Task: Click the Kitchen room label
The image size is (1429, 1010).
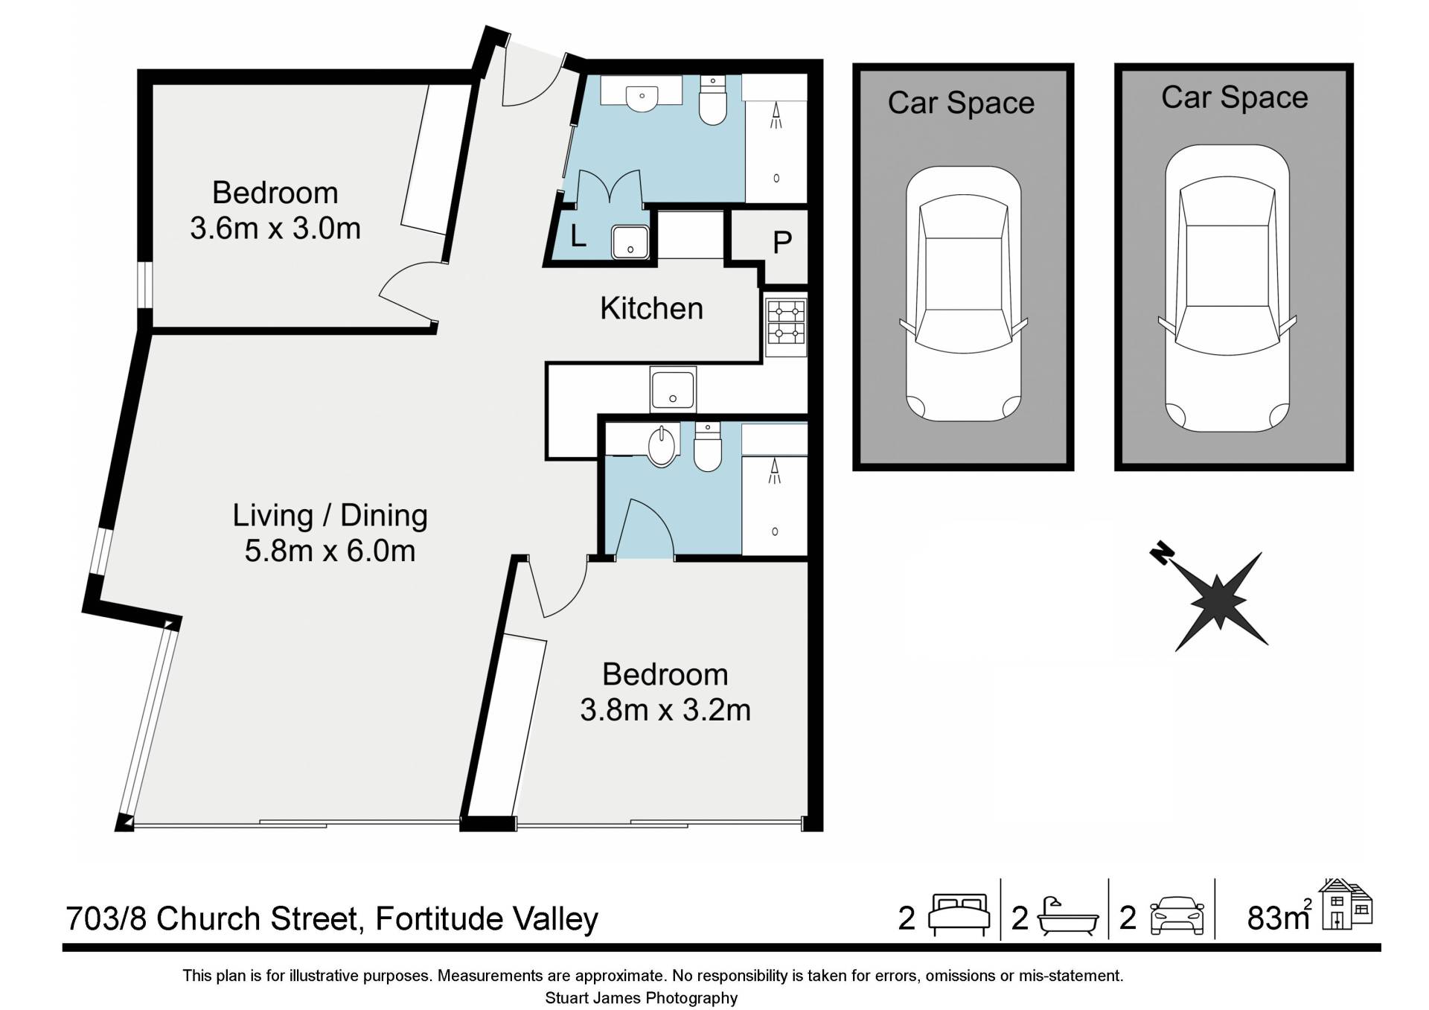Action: pyautogui.click(x=651, y=308)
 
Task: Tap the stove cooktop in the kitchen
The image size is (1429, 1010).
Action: pyautogui.click(x=786, y=327)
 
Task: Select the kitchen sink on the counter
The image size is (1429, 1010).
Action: pyautogui.click(x=673, y=389)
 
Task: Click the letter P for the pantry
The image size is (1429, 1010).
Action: pyautogui.click(x=781, y=243)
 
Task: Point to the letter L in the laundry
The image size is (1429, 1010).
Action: pyautogui.click(x=578, y=236)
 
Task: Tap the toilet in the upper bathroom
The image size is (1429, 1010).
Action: pyautogui.click(x=713, y=102)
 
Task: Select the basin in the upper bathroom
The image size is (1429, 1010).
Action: pyautogui.click(x=641, y=95)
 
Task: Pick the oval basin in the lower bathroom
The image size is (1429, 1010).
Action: pyautogui.click(x=661, y=446)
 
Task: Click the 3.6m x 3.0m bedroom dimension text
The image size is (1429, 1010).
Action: pyautogui.click(x=275, y=228)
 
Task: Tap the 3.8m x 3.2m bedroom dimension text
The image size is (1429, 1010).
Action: pyautogui.click(x=665, y=709)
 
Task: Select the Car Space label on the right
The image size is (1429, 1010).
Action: pyautogui.click(x=1234, y=98)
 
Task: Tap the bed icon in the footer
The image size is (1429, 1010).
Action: pyautogui.click(x=959, y=915)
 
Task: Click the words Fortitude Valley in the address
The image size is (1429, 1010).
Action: pyautogui.click(x=487, y=918)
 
